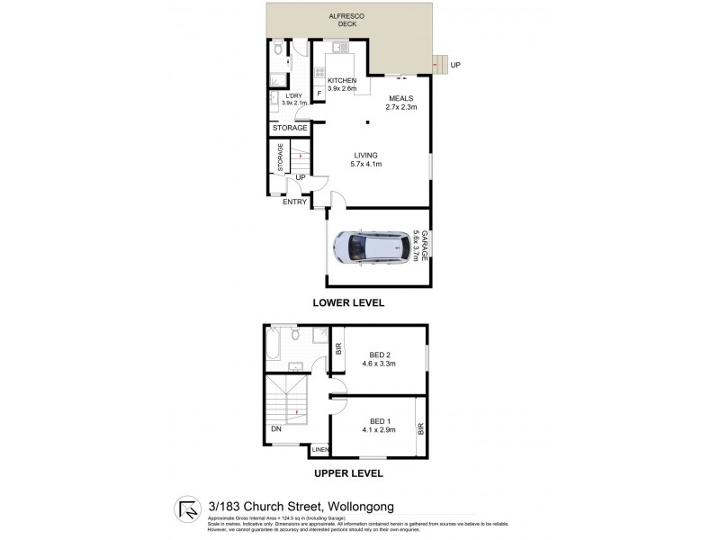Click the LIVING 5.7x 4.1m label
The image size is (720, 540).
pyautogui.click(x=365, y=159)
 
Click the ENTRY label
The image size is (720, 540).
pyautogui.click(x=294, y=202)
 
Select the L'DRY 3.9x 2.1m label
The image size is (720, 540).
pyautogui.click(x=294, y=99)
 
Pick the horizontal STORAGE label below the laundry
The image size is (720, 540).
pyautogui.click(x=292, y=129)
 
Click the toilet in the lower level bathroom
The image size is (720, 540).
pyautogui.click(x=278, y=49)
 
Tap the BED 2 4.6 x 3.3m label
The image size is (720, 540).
pyautogui.click(x=380, y=359)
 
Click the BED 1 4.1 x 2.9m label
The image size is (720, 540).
pyautogui.click(x=380, y=426)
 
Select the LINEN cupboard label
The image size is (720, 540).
pyautogui.click(x=319, y=450)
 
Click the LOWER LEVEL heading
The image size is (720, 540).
pyautogui.click(x=347, y=303)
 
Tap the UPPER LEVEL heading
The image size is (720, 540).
pyautogui.click(x=347, y=472)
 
